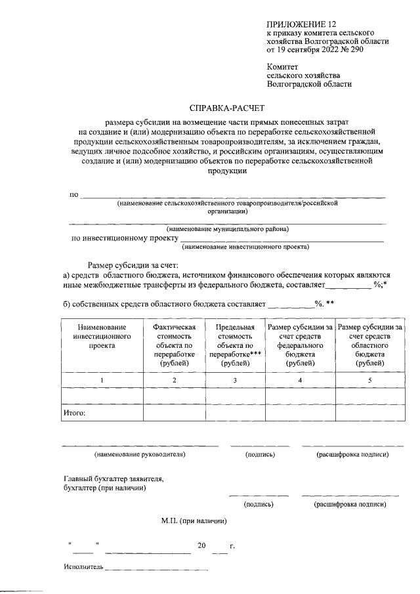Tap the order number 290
click(x=355, y=49)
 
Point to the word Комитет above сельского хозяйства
click(x=283, y=66)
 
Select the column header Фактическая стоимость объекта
click(x=174, y=345)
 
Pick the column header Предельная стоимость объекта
click(x=234, y=345)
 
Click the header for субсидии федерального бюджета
click(x=299, y=345)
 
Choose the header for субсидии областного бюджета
click(x=370, y=345)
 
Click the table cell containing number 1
click(x=101, y=380)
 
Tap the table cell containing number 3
click(x=234, y=380)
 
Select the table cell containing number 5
click(x=370, y=380)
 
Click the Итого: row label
click(x=75, y=413)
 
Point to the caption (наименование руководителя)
click(x=140, y=454)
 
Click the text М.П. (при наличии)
click(x=194, y=521)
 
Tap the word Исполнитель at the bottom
click(x=83, y=566)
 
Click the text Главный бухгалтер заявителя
click(x=112, y=478)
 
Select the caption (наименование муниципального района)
click(x=228, y=228)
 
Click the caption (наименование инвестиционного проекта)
click(x=246, y=247)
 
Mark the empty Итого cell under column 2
click(x=174, y=413)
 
